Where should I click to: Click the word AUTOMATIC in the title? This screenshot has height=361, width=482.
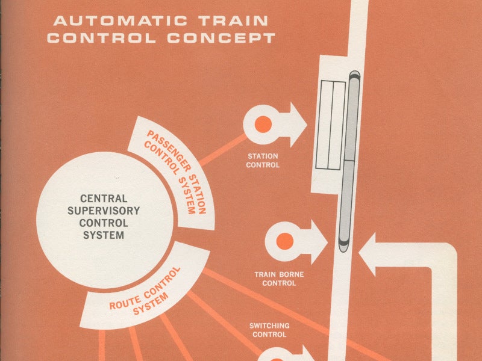pos(120,21)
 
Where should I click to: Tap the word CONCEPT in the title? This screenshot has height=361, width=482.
pos(221,38)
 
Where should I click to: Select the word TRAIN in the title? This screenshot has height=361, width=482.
pos(233,21)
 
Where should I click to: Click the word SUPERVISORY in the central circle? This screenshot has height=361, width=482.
pos(104,211)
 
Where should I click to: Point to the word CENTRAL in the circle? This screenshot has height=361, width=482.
pos(104,199)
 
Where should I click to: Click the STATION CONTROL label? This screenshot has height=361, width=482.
pos(263,161)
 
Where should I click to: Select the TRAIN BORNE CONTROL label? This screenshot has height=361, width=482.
pos(279,279)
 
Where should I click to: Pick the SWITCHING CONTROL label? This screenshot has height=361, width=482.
pos(269,330)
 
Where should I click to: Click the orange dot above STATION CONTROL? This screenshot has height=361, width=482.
pos(263,125)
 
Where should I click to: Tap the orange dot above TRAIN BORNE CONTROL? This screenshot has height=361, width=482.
pos(284,241)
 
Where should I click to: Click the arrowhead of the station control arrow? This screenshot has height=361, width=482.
pos(298,125)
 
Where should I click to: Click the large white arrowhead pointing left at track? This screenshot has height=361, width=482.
pos(368,255)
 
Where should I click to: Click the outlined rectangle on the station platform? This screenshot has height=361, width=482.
pos(331,125)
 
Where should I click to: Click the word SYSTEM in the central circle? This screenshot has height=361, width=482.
pos(104,235)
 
